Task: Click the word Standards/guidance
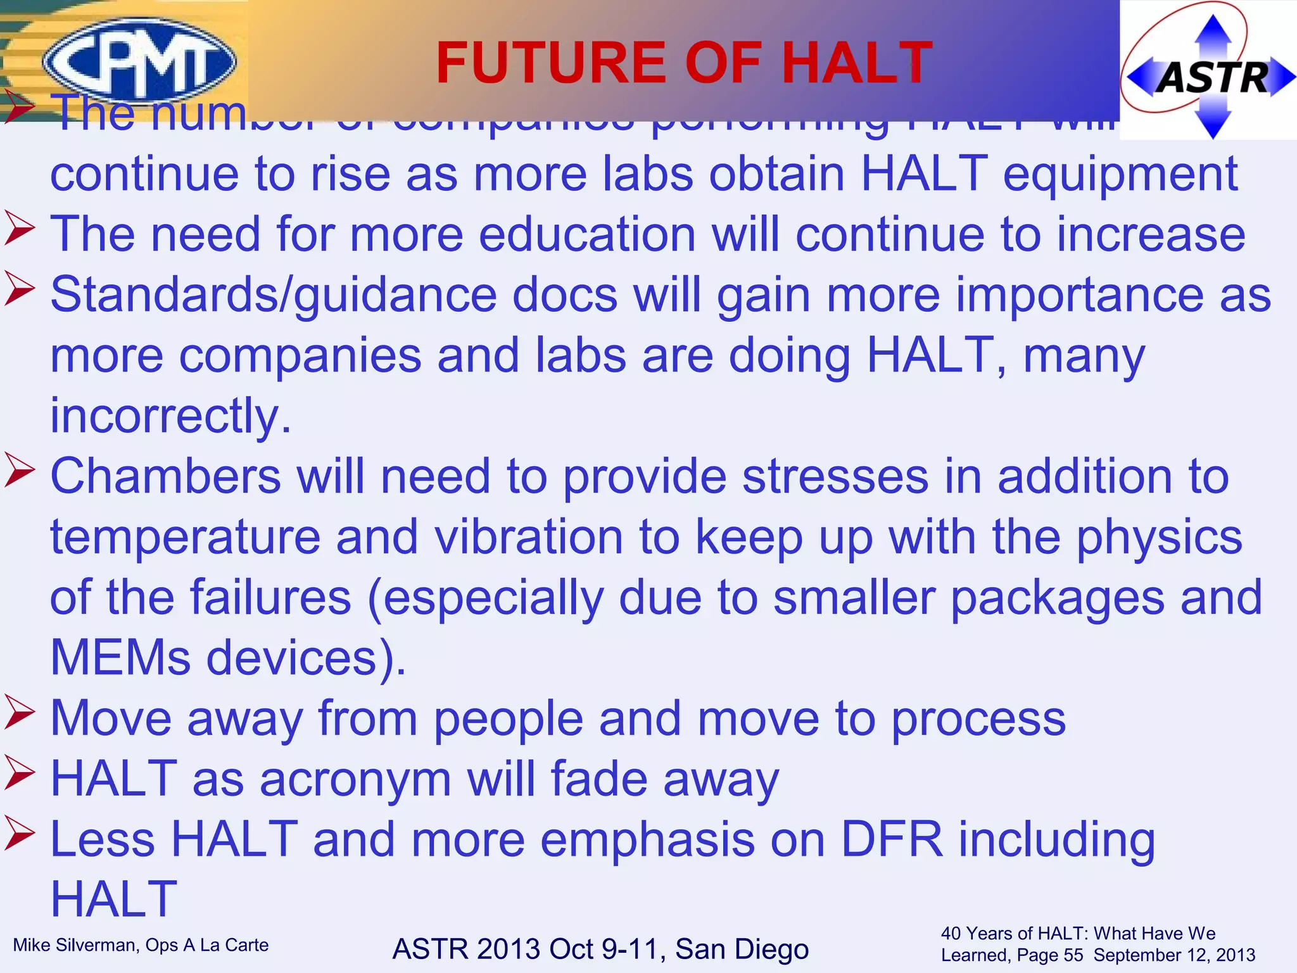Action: coord(273,295)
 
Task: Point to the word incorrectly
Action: coord(170,416)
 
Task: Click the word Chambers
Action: coord(165,476)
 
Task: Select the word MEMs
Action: coord(120,658)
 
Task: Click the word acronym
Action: coord(355,779)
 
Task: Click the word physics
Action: coord(1159,537)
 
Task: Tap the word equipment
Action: coord(1120,174)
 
